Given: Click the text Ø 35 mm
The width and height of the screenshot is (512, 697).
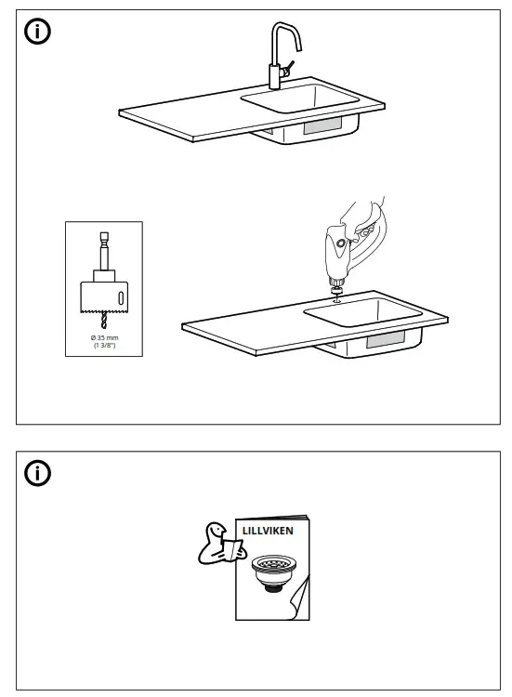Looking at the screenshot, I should coord(103,337).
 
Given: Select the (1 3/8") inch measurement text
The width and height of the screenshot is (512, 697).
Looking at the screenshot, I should coord(103,345).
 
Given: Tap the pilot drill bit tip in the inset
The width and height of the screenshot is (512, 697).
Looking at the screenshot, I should coord(103,322).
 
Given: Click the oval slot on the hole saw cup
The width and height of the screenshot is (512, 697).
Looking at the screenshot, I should coord(120,297).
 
